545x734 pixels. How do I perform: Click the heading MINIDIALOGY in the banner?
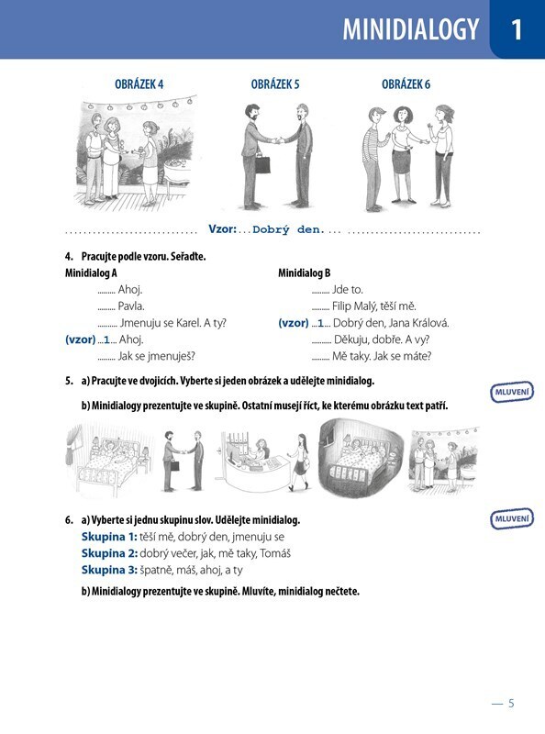pyautogui.click(x=411, y=29)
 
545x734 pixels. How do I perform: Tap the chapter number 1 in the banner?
pyautogui.click(x=517, y=29)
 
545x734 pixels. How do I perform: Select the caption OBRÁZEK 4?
pyautogui.click(x=139, y=84)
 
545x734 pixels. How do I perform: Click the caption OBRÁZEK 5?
pyautogui.click(x=275, y=84)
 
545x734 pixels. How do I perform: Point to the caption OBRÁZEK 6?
pyautogui.click(x=406, y=84)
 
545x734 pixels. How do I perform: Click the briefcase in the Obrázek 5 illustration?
pyautogui.click(x=262, y=163)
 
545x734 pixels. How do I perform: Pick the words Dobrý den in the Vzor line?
pyautogui.click(x=288, y=230)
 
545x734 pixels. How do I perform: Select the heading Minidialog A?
pyautogui.click(x=91, y=272)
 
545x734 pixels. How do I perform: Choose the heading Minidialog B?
pyautogui.click(x=305, y=272)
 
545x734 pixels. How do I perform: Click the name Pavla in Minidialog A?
pyautogui.click(x=131, y=306)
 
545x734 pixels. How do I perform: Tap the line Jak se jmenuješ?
pyautogui.click(x=156, y=356)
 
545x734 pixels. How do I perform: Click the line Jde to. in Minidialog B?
pyautogui.click(x=348, y=290)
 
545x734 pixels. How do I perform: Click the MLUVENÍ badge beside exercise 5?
pyautogui.click(x=512, y=392)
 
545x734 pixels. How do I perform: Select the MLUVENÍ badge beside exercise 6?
pyautogui.click(x=512, y=518)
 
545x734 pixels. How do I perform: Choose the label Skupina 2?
pyautogui.click(x=109, y=553)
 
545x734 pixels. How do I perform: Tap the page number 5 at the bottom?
pyautogui.click(x=511, y=703)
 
